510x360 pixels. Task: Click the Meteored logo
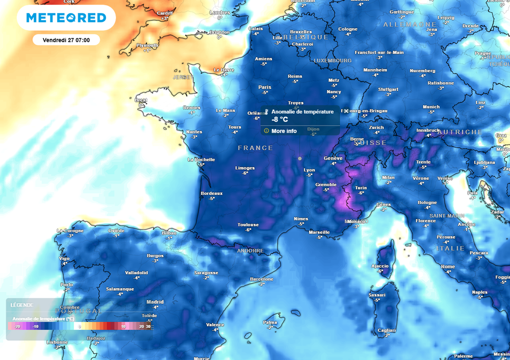66,18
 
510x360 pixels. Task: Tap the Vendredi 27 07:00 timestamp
66,40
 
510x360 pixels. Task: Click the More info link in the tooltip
284,131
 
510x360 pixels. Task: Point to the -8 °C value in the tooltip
279,120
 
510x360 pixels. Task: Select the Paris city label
265,87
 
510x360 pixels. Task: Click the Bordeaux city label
211,193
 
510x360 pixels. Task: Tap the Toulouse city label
248,225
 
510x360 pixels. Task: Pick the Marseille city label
319,232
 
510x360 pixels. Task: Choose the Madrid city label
155,302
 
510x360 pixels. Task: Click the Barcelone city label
262,279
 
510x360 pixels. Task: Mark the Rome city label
448,267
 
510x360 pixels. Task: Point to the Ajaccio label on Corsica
380,266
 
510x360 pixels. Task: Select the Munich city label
431,107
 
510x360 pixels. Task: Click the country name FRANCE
255,148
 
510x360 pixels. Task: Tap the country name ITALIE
450,248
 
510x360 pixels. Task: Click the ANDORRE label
250,251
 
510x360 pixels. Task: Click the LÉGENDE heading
22,305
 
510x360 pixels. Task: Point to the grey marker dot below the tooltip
299,158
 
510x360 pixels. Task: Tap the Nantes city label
194,132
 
